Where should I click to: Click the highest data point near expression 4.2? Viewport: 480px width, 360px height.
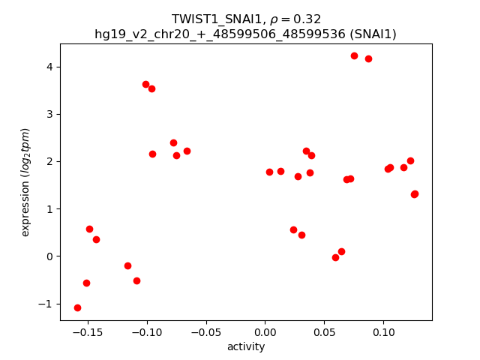click(x=354, y=56)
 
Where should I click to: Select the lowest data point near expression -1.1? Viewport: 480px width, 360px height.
click(x=77, y=307)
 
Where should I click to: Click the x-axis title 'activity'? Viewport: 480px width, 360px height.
click(x=246, y=346)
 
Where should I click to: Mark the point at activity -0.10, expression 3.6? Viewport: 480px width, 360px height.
click(x=145, y=84)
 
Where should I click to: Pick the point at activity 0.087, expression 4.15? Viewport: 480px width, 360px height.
click(x=368, y=58)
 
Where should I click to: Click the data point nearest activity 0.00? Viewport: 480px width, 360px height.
click(x=269, y=172)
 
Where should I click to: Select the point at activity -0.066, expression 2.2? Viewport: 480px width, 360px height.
click(x=187, y=151)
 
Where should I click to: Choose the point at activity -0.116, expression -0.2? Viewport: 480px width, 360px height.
click(x=127, y=265)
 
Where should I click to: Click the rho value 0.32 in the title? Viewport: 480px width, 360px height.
click(x=310, y=19)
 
